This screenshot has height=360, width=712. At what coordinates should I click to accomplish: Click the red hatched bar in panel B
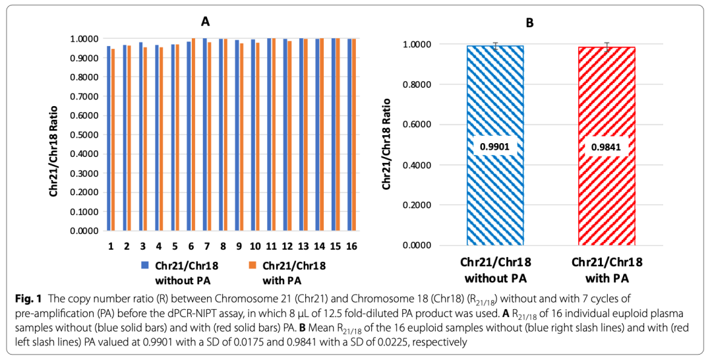607,198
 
